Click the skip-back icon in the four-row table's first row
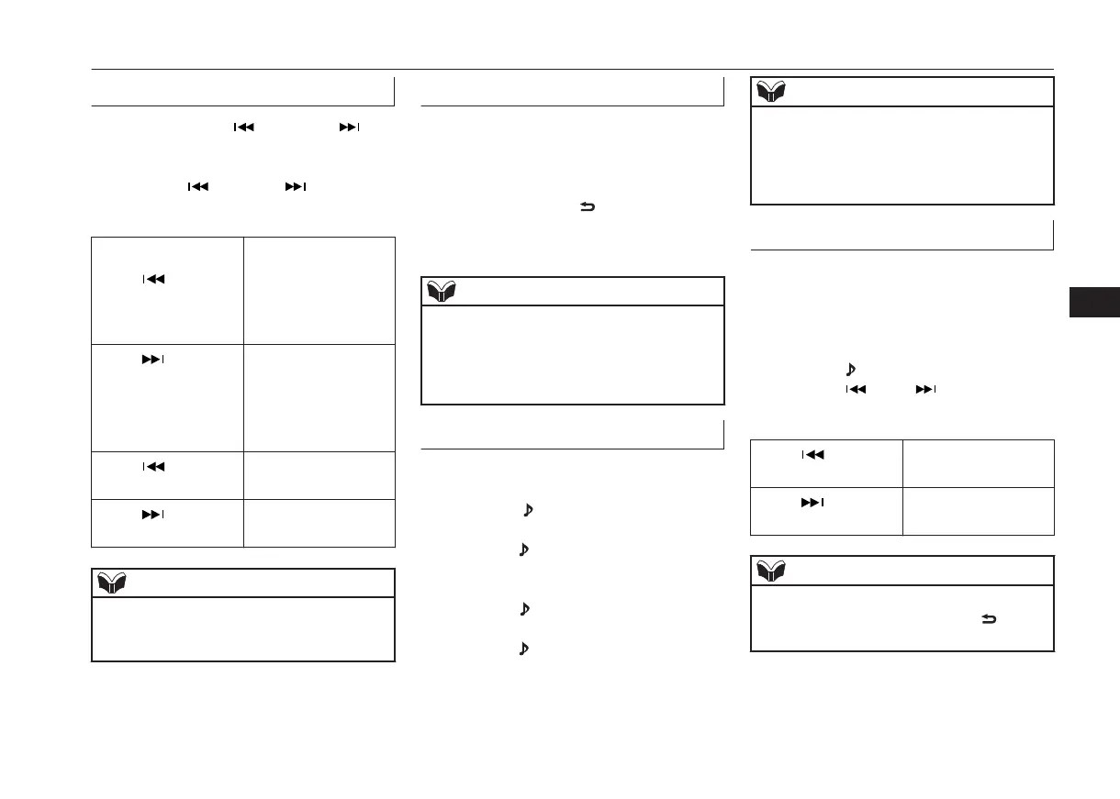[x=153, y=279]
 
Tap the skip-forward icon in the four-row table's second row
[x=153, y=361]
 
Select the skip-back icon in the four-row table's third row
[x=153, y=466]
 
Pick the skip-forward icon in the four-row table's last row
[x=153, y=515]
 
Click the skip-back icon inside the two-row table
[x=812, y=454]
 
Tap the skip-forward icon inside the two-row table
[x=812, y=502]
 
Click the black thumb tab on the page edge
[x=1094, y=303]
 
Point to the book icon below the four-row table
[x=112, y=583]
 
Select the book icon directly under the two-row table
[x=771, y=571]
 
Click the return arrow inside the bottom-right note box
[x=990, y=621]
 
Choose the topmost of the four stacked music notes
[x=527, y=510]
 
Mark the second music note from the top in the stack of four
[x=525, y=550]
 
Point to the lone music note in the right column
[x=849, y=369]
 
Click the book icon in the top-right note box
[x=771, y=92]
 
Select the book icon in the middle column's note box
[x=441, y=292]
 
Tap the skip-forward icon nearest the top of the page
[x=349, y=128]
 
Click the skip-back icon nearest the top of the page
[x=243, y=128]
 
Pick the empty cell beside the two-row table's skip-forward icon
[x=977, y=511]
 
